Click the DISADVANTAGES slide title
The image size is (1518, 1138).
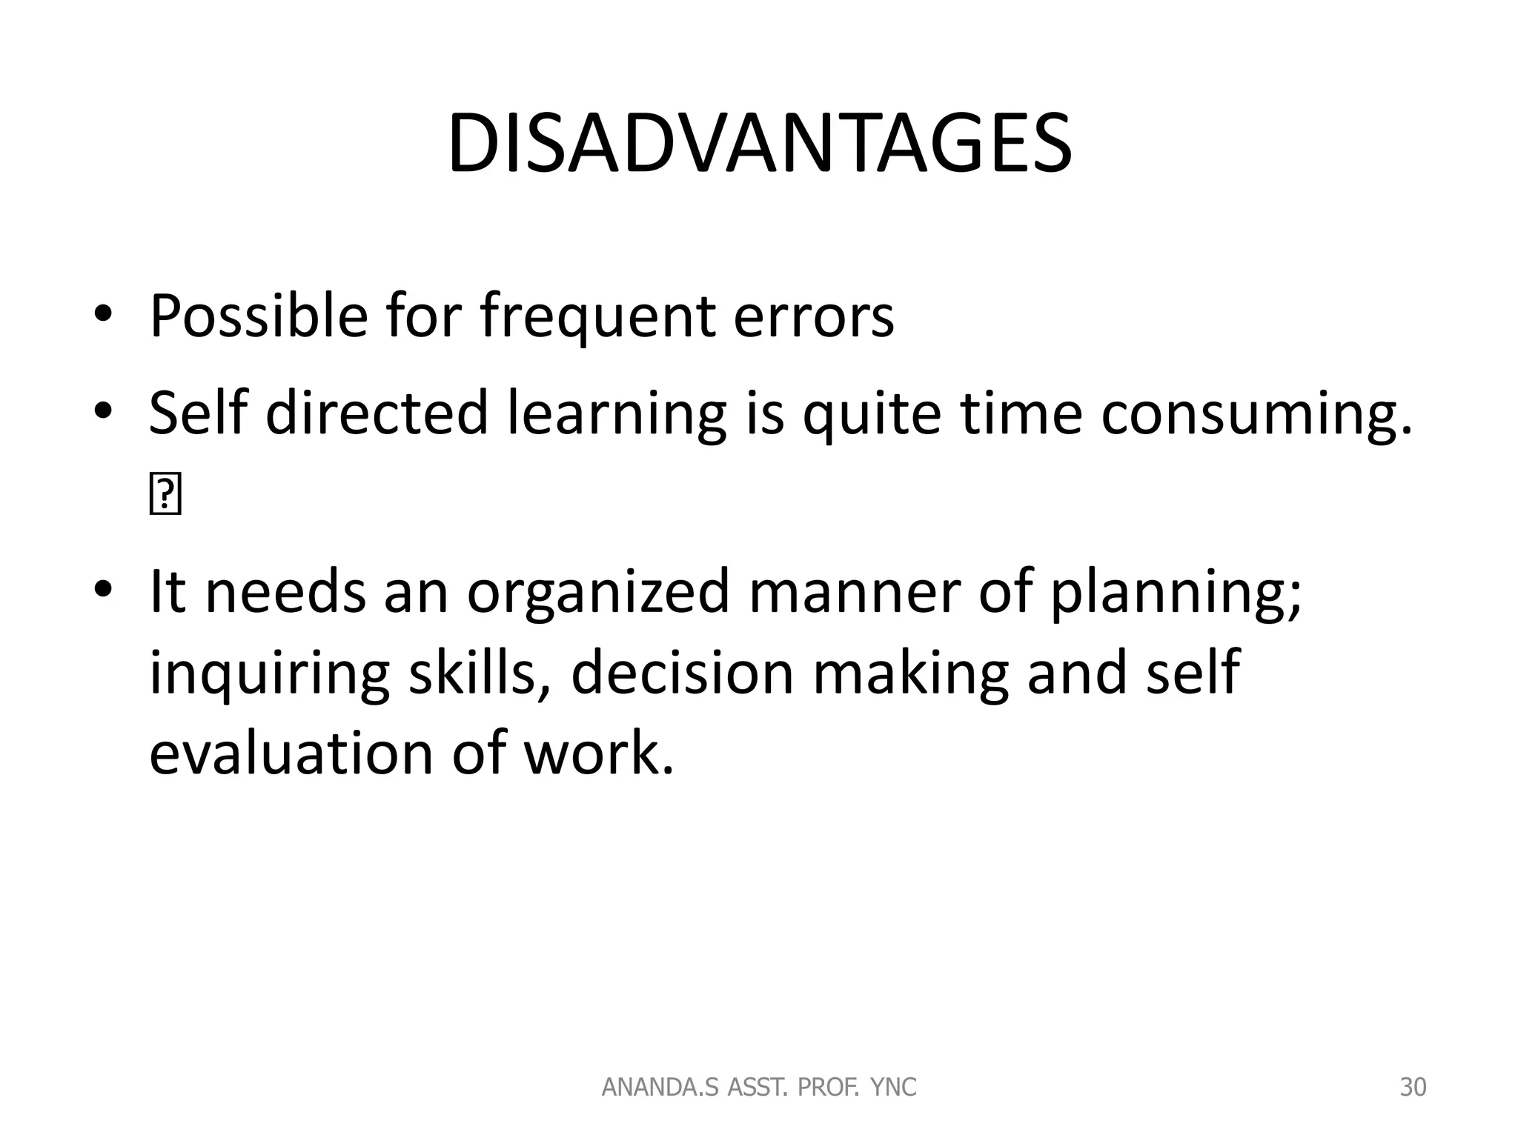coord(759,144)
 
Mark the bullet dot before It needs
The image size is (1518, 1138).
coord(103,590)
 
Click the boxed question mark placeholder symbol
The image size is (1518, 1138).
coord(165,496)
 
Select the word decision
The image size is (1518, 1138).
coord(682,673)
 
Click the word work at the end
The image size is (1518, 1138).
coord(599,753)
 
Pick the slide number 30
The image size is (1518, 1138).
coord(1413,1088)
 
